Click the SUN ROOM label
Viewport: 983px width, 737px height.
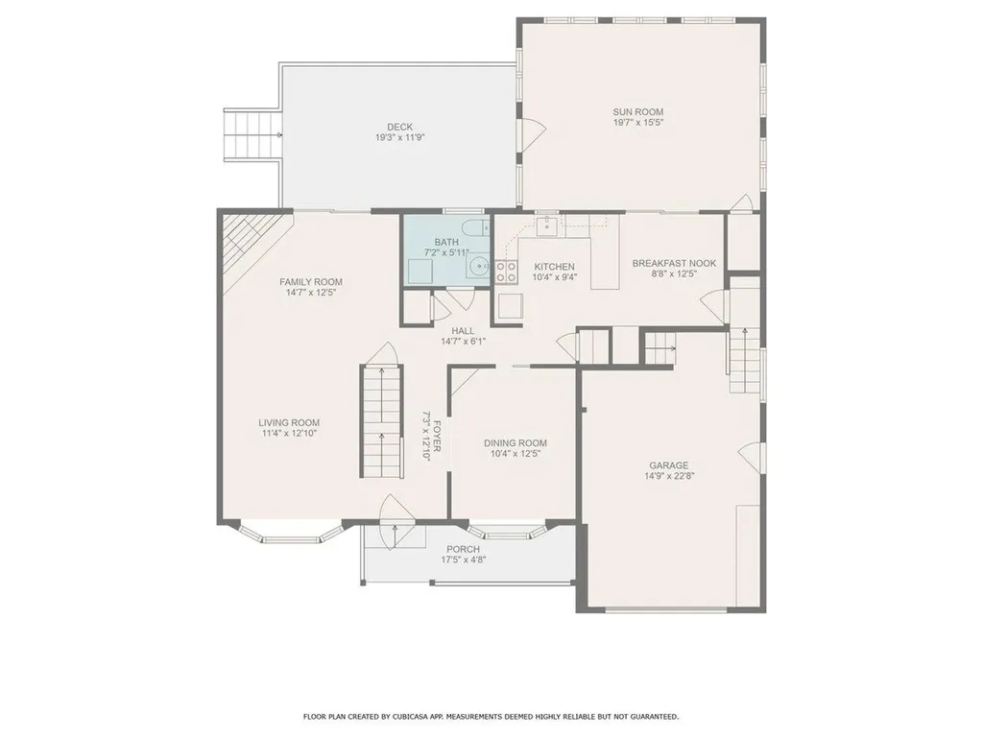tap(638, 111)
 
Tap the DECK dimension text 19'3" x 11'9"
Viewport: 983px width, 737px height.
tap(399, 137)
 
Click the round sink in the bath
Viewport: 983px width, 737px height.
tap(478, 270)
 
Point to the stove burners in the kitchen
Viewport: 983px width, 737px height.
tap(506, 272)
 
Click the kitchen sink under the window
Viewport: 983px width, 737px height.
tap(546, 226)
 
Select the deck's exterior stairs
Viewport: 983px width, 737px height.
tap(252, 136)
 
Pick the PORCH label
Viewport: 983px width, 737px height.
tap(461, 549)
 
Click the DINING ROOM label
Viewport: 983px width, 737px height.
tap(517, 442)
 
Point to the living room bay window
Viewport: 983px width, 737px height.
tap(289, 531)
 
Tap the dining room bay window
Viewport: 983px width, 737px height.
tap(509, 531)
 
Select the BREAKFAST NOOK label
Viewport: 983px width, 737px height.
tap(675, 262)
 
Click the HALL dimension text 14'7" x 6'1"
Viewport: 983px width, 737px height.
tap(463, 341)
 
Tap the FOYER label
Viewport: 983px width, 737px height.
tap(438, 437)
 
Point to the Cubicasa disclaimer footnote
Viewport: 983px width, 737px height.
tap(491, 716)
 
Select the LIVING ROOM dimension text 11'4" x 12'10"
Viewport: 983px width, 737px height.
tap(289, 434)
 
